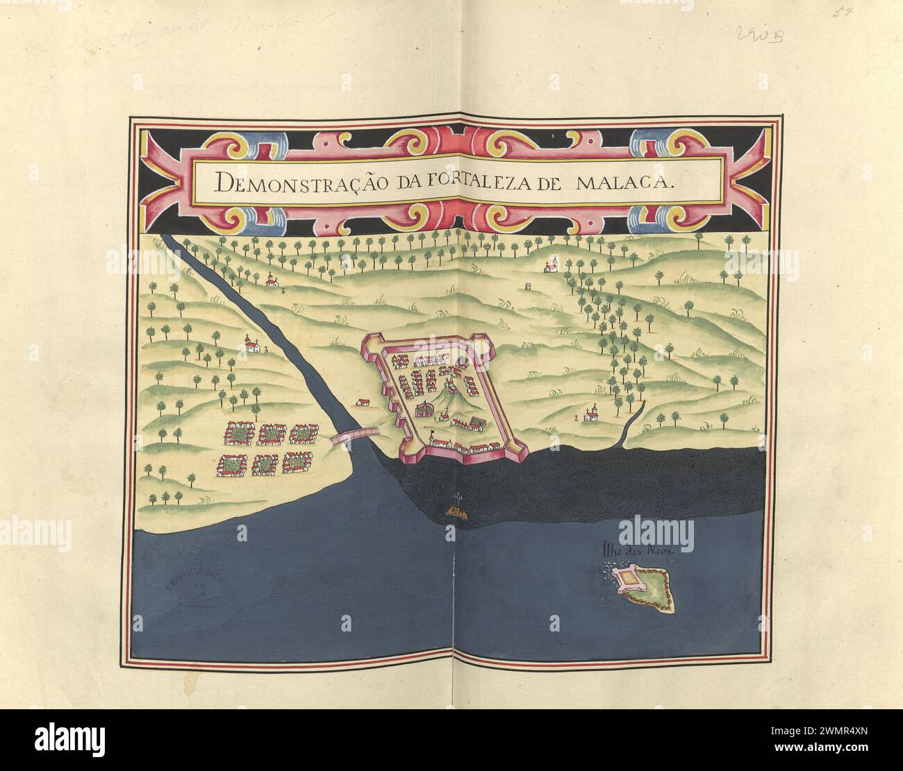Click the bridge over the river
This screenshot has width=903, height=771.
tap(355, 436)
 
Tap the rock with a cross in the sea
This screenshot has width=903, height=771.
tap(456, 511)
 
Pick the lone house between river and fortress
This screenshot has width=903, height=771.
tap(363, 402)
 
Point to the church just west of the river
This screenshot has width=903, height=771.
tap(253, 344)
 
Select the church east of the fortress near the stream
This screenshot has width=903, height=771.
tap(591, 414)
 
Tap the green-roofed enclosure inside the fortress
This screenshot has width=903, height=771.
tap(478, 423)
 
